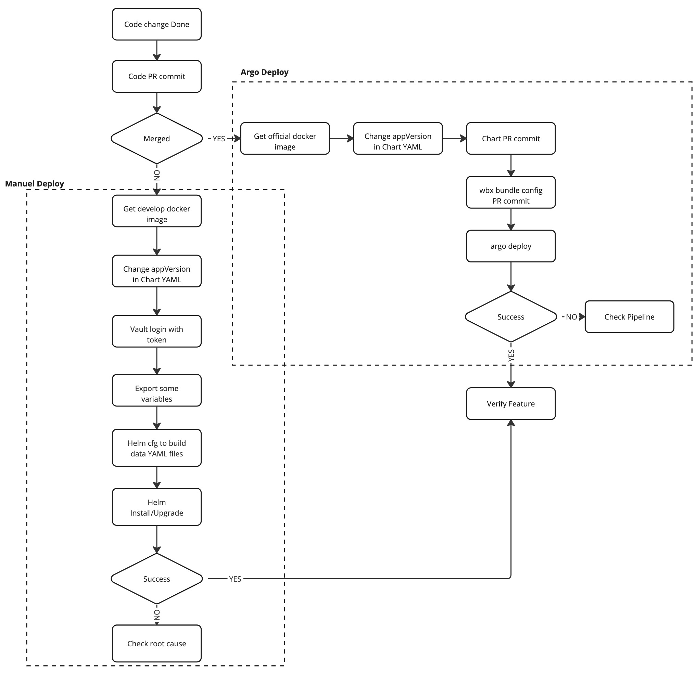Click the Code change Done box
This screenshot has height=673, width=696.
point(156,24)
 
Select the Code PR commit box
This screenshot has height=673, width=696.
point(156,76)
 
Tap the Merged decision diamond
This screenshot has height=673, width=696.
point(156,139)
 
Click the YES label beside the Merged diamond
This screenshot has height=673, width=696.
point(219,139)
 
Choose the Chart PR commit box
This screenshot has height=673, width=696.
point(511,139)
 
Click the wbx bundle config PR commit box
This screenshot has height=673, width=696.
point(511,192)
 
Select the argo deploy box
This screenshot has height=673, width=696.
point(511,246)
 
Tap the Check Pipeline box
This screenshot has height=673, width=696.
point(629,316)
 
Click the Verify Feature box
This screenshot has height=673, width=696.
point(511,404)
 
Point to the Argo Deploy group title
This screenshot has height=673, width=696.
point(265,72)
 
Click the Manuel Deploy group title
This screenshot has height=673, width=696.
point(35,183)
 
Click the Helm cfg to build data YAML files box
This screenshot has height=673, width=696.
point(156,448)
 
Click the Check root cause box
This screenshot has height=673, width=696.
point(156,644)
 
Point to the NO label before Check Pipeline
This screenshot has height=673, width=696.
point(571,316)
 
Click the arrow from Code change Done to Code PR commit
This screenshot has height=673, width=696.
point(156,50)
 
